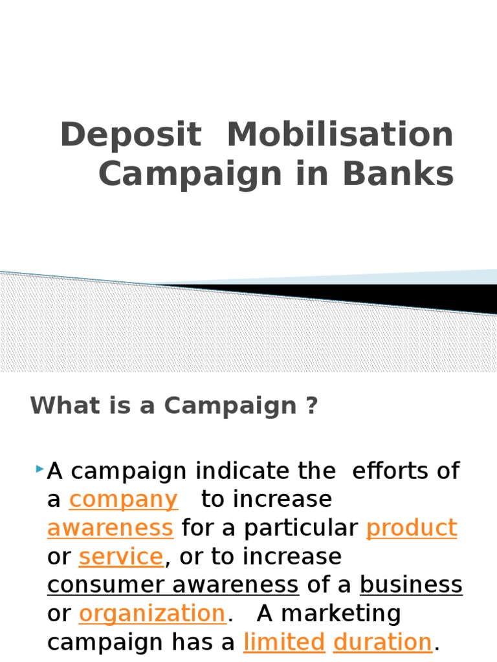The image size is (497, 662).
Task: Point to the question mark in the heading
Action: pos(313,407)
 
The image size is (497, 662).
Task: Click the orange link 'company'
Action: pos(123,500)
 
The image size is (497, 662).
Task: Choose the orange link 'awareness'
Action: pos(110,528)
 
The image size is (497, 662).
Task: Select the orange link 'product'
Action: pos(412,528)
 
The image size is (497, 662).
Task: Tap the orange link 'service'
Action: pos(121,557)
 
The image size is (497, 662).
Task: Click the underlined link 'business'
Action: pos(411,585)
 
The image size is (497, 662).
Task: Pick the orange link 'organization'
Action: pos(152,614)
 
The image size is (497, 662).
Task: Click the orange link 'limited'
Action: pos(284,642)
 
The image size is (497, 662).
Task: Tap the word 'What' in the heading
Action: pos(56,407)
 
